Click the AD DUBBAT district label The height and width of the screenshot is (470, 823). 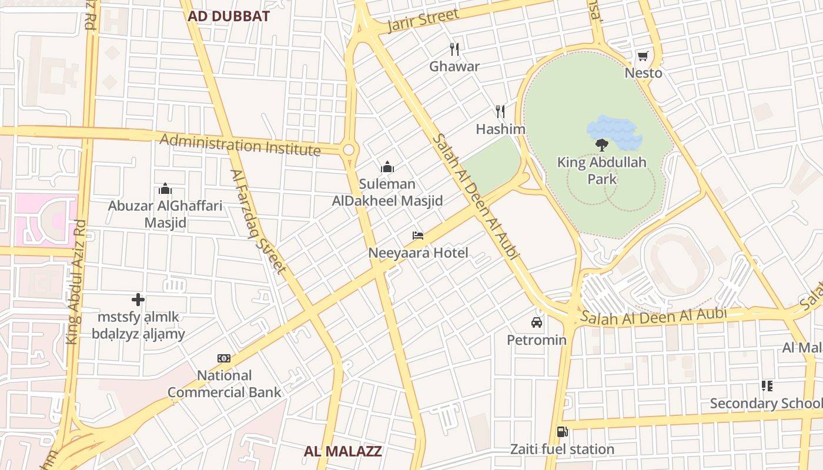(x=228, y=16)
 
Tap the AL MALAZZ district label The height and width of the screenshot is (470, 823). (x=343, y=451)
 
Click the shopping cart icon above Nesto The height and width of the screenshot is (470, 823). (x=643, y=56)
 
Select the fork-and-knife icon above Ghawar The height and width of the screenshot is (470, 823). (x=454, y=49)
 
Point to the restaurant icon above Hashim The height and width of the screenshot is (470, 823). (x=500, y=111)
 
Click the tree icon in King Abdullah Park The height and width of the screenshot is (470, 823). (x=601, y=145)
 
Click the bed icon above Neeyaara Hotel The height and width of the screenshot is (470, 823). (x=418, y=236)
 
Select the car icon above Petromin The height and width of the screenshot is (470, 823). (x=536, y=323)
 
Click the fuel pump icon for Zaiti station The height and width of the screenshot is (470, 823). (x=562, y=432)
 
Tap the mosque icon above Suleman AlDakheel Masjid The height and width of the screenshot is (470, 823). (x=387, y=167)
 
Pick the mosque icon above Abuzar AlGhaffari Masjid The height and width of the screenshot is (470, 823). (x=165, y=189)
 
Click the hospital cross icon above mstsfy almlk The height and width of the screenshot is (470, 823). (x=138, y=300)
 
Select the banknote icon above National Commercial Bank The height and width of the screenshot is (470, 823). (x=224, y=358)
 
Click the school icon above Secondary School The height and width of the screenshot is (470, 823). (x=767, y=386)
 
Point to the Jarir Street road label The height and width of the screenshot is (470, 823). (x=423, y=21)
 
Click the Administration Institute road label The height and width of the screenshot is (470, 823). (x=240, y=145)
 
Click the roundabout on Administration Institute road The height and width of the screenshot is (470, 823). (x=349, y=150)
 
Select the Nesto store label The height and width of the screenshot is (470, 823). (x=643, y=73)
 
